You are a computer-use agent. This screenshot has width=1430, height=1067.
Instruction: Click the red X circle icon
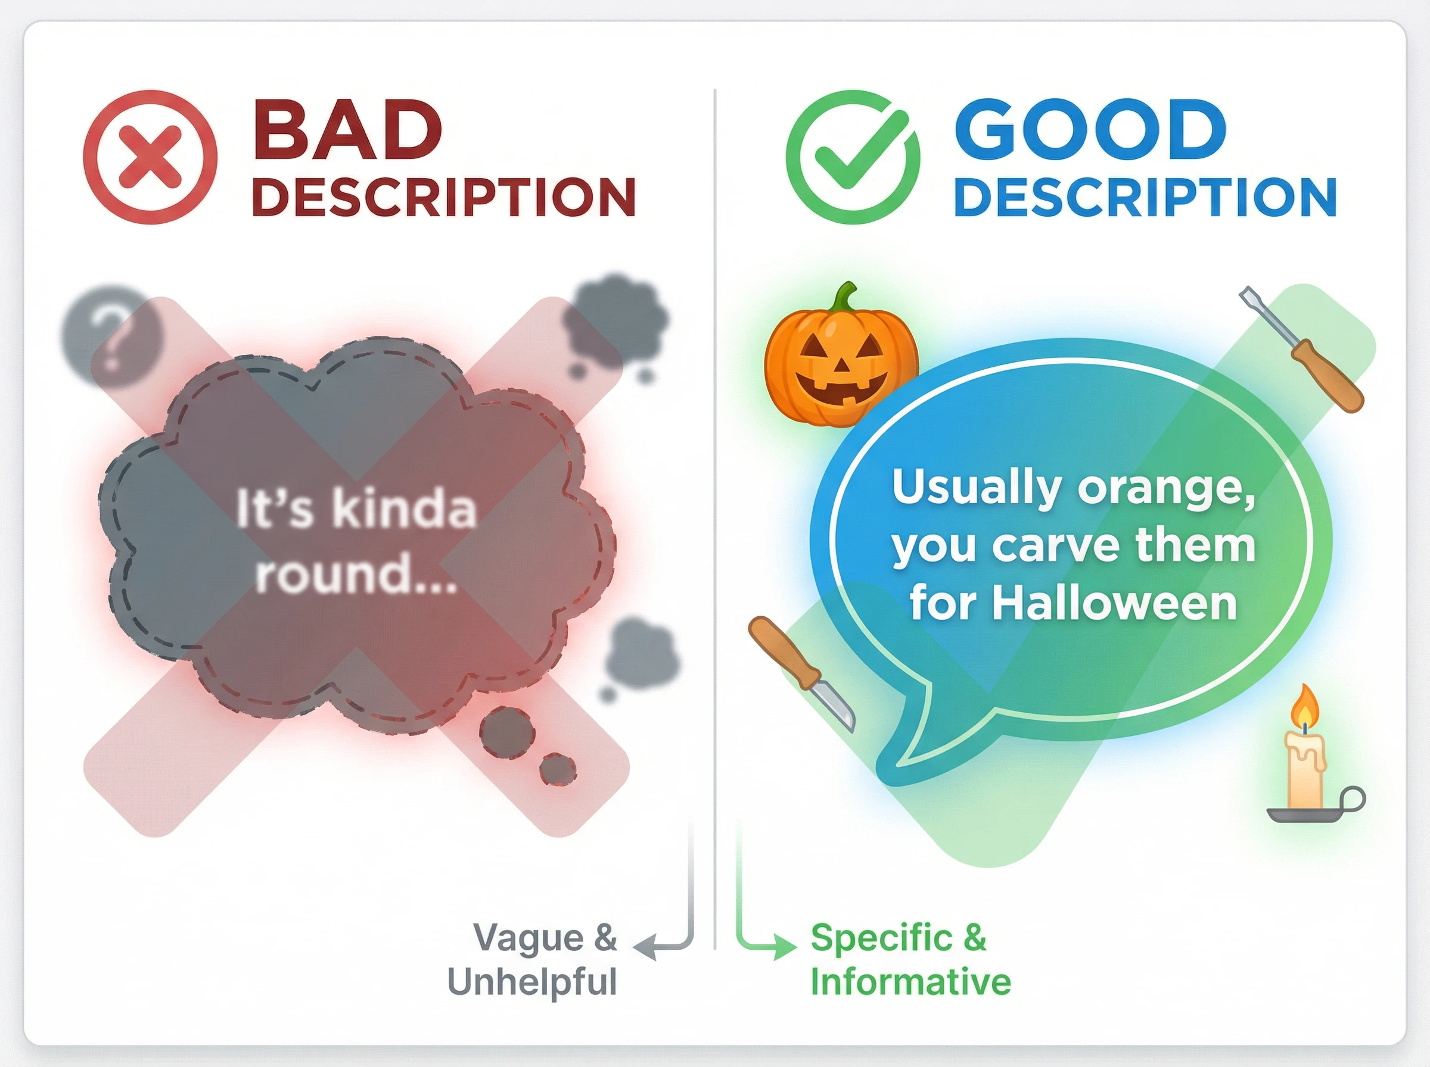150,157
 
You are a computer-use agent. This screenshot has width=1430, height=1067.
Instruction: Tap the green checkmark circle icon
853,157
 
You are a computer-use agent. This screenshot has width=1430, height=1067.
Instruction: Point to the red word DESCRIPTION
444,197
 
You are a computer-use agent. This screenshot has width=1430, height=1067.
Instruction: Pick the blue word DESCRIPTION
1145,197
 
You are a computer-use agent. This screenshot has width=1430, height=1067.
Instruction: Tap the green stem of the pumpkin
844,298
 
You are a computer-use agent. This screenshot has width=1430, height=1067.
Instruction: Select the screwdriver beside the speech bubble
1301,349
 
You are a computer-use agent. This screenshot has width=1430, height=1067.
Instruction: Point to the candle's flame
1305,707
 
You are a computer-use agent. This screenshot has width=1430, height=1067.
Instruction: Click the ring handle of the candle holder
1353,800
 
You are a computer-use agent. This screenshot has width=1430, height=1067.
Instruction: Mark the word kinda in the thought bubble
405,508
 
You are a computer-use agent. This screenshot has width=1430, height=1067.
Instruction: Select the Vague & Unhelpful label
533,960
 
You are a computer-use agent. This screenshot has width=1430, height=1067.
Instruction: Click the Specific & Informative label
910,960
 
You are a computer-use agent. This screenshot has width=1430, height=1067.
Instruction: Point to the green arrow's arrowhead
786,947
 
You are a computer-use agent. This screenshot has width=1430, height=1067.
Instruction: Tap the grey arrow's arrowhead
644,947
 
